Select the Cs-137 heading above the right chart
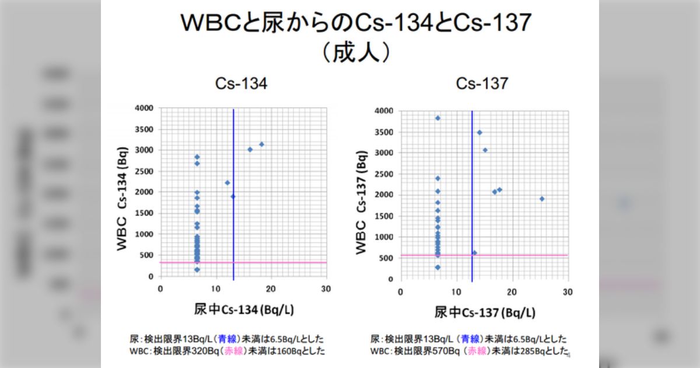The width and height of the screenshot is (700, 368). coord(482,84)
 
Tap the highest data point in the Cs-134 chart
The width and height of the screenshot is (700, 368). coord(262,144)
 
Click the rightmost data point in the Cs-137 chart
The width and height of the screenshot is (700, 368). coord(542,199)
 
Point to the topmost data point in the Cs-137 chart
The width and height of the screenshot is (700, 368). coord(437,118)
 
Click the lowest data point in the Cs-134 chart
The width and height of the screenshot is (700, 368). coord(197,270)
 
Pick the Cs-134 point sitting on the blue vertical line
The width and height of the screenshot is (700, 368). coord(233,196)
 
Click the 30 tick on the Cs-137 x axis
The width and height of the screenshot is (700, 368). coord(568,291)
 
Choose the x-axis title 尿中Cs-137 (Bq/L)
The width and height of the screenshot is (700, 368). coord(484,312)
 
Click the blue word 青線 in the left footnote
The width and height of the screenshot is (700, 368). coord(227,339)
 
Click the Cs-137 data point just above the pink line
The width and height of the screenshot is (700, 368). coord(474,253)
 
